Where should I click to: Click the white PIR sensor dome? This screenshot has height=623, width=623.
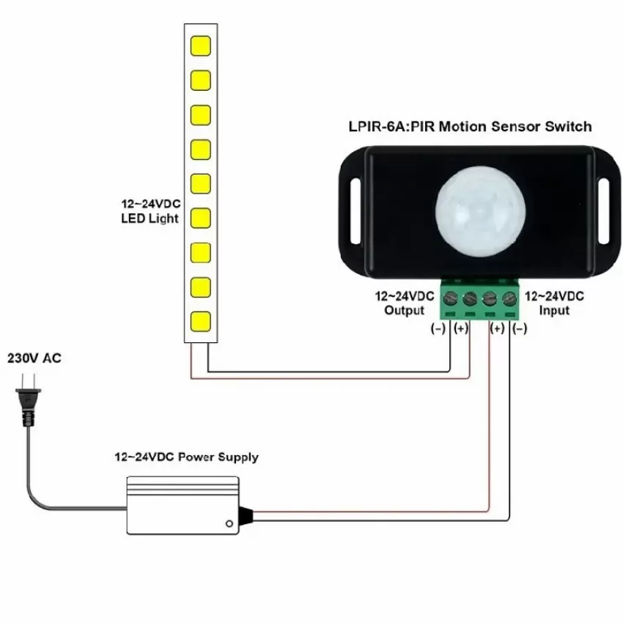480,211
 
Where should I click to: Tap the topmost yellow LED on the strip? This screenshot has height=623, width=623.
201,45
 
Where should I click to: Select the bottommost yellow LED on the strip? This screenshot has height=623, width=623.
201,322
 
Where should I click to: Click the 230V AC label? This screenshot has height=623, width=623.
34,358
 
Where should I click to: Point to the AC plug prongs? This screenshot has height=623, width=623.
28,381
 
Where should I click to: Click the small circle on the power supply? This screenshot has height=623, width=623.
229,523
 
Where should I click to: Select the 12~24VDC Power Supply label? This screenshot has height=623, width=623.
186,457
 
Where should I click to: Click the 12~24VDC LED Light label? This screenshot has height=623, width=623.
150,211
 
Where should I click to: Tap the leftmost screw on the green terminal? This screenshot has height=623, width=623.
451,298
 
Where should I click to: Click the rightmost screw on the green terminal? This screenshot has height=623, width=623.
509,298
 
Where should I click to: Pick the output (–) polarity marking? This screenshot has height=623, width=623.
438,328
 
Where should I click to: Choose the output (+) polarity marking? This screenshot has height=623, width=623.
461,328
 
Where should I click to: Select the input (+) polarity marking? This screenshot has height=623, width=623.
497,328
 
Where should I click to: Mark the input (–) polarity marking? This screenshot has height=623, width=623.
520,328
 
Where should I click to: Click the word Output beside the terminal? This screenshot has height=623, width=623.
405,310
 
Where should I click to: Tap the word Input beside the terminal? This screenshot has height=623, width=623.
554,310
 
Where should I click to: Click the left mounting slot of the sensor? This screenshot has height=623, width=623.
355,211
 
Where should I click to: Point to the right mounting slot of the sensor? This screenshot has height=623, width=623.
603,211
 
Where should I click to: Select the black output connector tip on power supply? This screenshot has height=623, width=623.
246,515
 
